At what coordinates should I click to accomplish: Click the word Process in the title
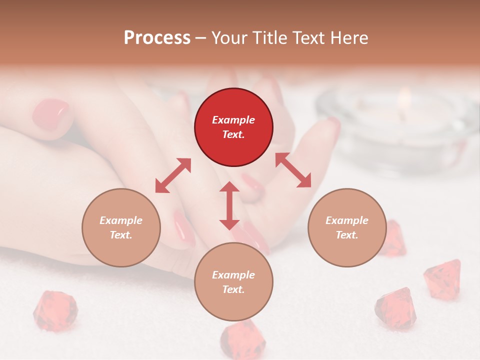(x=157, y=38)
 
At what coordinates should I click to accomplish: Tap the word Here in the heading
(x=348, y=38)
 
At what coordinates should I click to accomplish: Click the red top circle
(x=233, y=127)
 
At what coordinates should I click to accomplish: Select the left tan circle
(x=121, y=227)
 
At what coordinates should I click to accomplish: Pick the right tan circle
(x=347, y=227)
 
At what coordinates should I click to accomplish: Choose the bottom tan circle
(x=233, y=282)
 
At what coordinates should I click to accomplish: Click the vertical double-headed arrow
(x=229, y=205)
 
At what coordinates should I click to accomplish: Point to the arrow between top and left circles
(x=173, y=175)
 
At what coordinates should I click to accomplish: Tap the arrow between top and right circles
(x=293, y=170)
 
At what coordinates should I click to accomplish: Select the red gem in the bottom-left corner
(x=55, y=310)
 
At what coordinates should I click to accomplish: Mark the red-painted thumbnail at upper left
(x=50, y=114)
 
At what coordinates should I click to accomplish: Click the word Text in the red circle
(x=233, y=135)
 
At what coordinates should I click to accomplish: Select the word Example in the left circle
(x=121, y=220)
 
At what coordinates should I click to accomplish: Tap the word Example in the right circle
(x=347, y=220)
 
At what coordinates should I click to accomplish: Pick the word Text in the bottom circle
(x=233, y=289)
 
